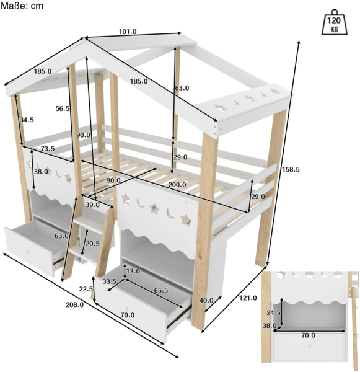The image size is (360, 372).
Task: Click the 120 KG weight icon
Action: (x=334, y=22)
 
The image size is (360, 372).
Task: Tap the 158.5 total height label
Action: (x=291, y=169)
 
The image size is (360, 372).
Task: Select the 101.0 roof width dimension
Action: (x=128, y=32)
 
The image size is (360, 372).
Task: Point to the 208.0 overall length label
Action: (x=75, y=304)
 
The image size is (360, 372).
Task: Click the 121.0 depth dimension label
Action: (x=248, y=298)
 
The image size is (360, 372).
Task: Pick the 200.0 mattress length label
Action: (x=177, y=184)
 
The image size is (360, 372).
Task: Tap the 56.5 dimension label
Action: (x=63, y=108)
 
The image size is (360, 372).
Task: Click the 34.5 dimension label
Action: (x=27, y=120)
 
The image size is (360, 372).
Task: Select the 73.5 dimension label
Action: (x=48, y=149)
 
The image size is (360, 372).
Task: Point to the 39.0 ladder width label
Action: (x=92, y=205)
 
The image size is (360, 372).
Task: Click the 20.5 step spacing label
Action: (x=92, y=244)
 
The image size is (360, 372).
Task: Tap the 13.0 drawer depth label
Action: (x=133, y=271)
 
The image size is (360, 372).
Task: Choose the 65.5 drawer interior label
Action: (x=161, y=290)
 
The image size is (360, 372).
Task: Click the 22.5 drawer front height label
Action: (x=86, y=289)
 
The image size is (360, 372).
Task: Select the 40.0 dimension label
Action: (x=206, y=300)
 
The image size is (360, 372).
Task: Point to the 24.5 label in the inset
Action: (x=273, y=312)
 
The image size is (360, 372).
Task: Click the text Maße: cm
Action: (x=22, y=6)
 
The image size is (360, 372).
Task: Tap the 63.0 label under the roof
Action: (x=182, y=88)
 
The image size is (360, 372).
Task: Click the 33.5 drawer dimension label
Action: (x=109, y=281)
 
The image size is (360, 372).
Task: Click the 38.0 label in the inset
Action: (x=270, y=325)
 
